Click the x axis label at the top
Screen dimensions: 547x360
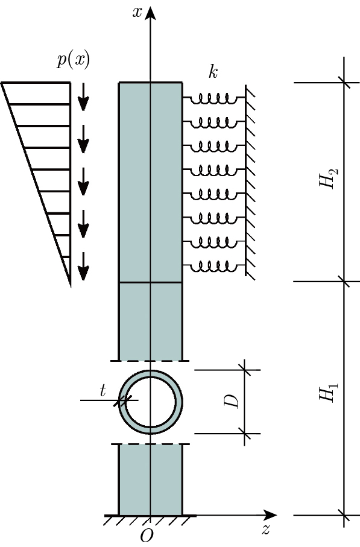tap(137, 11)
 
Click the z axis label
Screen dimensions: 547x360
tap(265, 530)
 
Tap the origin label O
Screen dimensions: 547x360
tap(147, 536)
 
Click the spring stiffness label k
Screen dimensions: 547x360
tap(213, 72)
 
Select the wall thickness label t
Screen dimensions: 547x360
tap(103, 391)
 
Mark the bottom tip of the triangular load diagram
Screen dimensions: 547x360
tap(71, 285)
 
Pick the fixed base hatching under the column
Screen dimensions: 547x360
tap(150, 520)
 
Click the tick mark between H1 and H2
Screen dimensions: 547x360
tap(344, 281)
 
